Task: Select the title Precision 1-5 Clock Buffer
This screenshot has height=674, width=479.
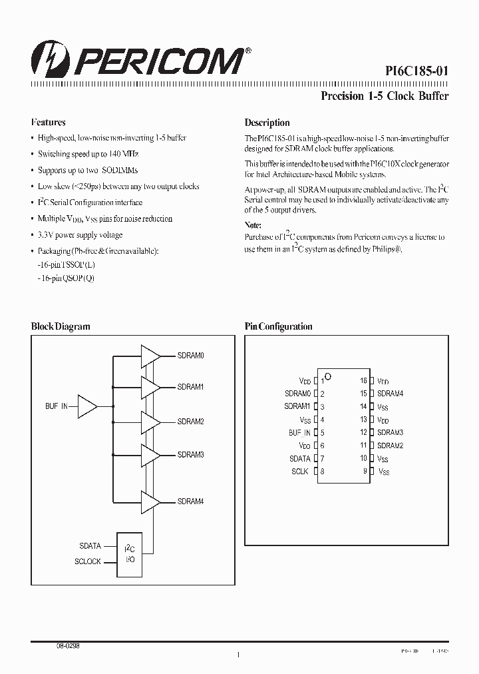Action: click(385, 96)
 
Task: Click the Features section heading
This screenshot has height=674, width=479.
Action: click(48, 123)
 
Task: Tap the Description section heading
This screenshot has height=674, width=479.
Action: click(267, 123)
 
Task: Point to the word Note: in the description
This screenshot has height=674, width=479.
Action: click(253, 225)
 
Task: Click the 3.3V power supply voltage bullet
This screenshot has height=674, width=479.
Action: click(80, 235)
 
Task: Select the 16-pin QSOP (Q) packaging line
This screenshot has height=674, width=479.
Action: click(67, 278)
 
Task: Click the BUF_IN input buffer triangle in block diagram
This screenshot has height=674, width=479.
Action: click(87, 406)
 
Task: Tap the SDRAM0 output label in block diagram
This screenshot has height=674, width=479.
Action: click(190, 356)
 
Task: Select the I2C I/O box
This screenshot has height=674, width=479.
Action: click(129, 553)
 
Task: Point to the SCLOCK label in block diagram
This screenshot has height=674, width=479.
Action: click(88, 561)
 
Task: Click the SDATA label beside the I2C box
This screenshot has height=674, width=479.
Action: click(90, 546)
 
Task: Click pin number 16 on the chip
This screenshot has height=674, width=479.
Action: click(363, 381)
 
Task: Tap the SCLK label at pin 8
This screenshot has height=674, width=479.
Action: click(300, 472)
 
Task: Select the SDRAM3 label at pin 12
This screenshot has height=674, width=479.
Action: click(390, 433)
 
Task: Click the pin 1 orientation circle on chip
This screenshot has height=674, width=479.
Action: click(328, 378)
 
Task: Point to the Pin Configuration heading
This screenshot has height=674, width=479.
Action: click(278, 326)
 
